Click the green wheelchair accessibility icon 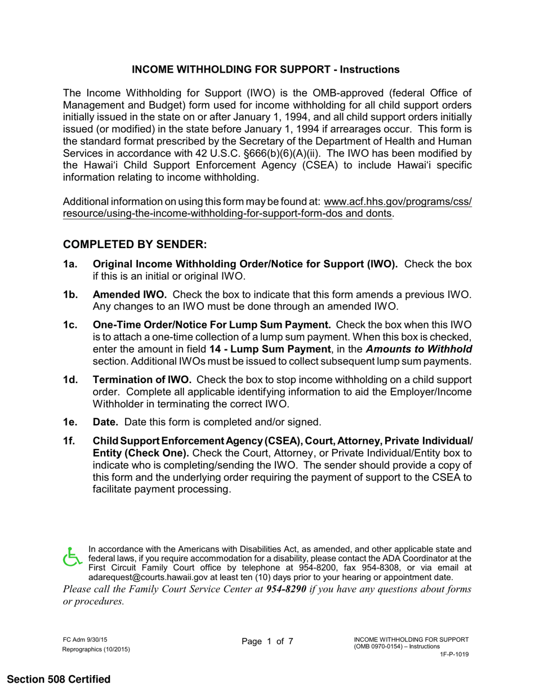[x=72, y=557]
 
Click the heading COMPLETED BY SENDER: [x=135, y=245]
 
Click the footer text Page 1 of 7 [x=267, y=641]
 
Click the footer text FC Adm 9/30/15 [x=85, y=640]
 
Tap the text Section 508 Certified [x=59, y=679]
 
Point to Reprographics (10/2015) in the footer [x=96, y=649]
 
